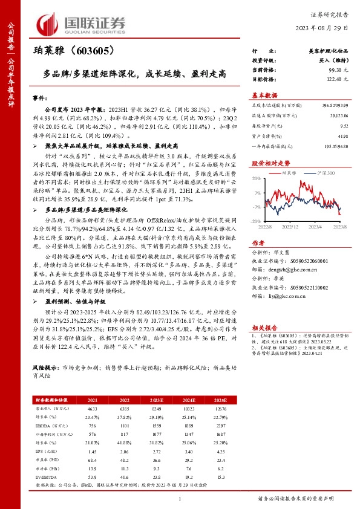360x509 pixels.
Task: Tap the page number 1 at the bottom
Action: click(x=180, y=498)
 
